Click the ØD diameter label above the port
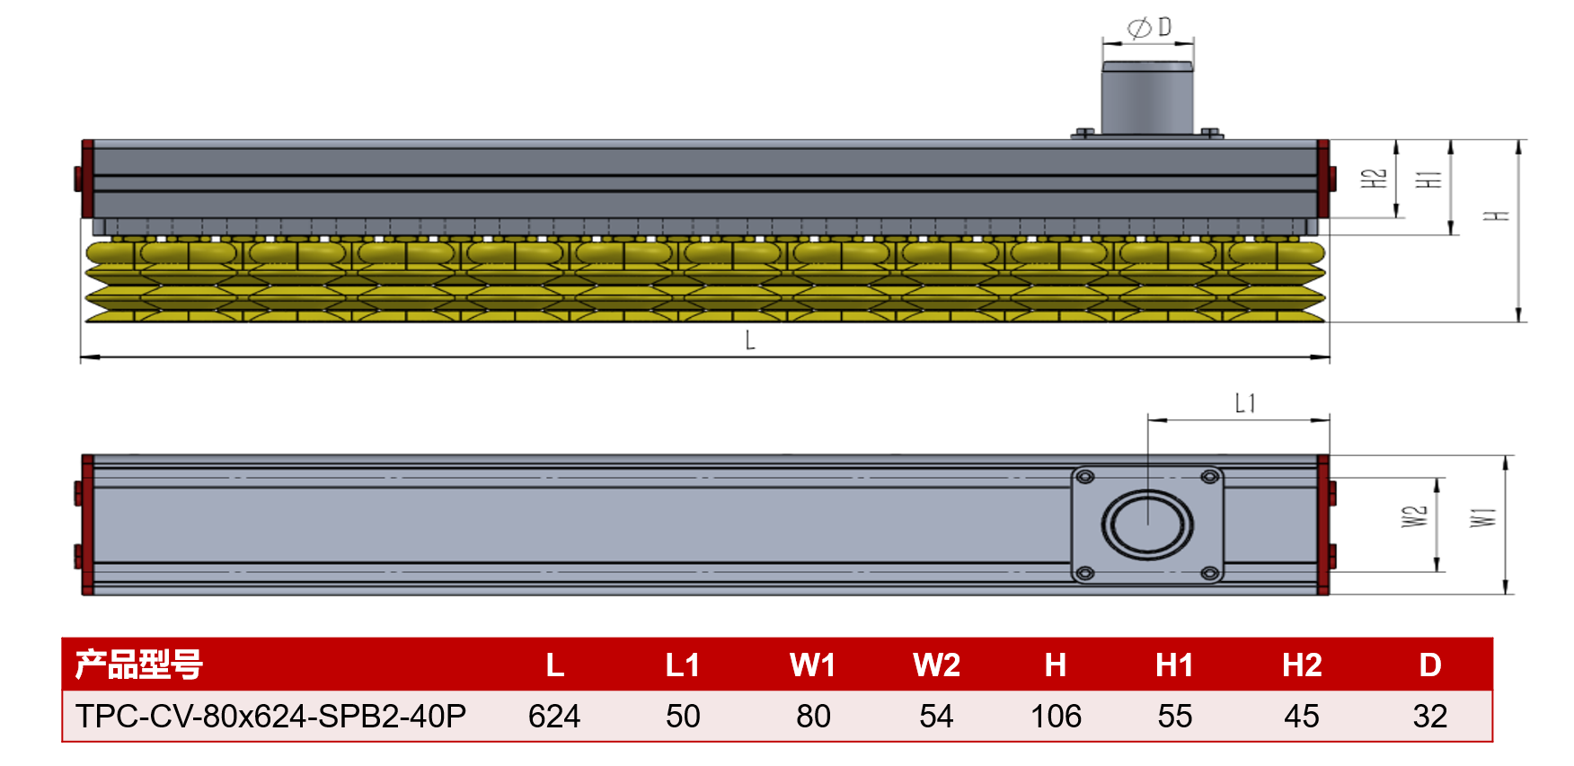point(1149,28)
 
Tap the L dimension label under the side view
point(750,340)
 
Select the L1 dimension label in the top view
point(1245,403)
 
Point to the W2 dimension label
point(1414,516)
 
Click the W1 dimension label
point(1483,518)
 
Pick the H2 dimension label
point(1375,179)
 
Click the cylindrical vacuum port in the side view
point(1147,98)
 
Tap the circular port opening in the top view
point(1147,525)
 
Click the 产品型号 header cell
point(139,665)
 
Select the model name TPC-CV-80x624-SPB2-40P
point(270,717)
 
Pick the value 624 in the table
point(554,717)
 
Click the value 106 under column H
point(1056,717)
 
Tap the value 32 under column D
point(1429,717)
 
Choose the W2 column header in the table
point(936,665)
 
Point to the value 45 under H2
point(1302,717)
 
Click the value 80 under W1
point(813,717)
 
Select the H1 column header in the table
point(1174,665)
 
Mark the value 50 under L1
point(683,717)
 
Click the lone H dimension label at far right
point(1497,216)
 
